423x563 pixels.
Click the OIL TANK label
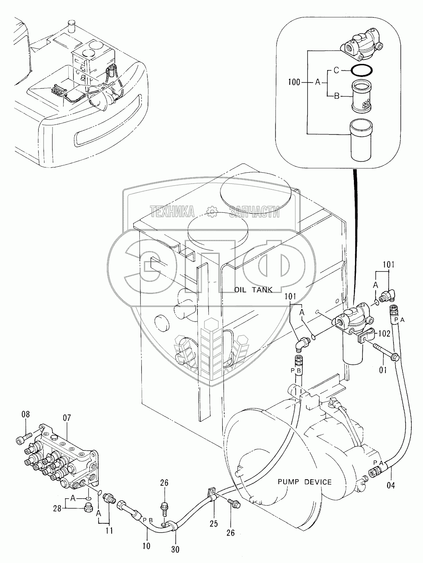pyautogui.click(x=253, y=290)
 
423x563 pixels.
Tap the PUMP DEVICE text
pyautogui.click(x=305, y=482)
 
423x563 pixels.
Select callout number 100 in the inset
pyautogui.click(x=295, y=83)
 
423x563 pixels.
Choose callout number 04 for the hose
pyautogui.click(x=391, y=485)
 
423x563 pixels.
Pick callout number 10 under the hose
pyautogui.click(x=146, y=546)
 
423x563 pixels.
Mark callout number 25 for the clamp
pyautogui.click(x=214, y=524)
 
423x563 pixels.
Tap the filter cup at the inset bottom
pyautogui.click(x=362, y=140)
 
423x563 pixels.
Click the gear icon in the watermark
pyautogui.click(x=212, y=211)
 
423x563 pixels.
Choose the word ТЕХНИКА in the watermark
pyautogui.click(x=172, y=211)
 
